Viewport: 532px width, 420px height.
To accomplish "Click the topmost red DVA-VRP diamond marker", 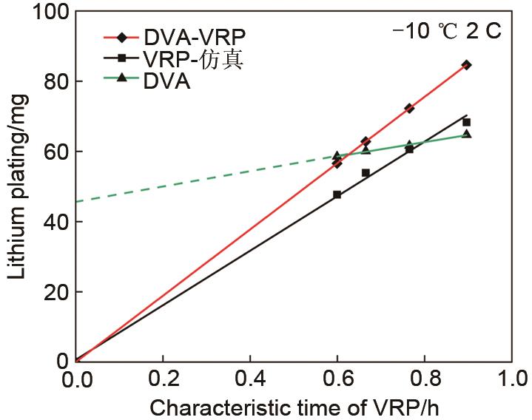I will [466, 65].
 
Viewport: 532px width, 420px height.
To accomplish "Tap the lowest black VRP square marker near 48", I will [337, 194].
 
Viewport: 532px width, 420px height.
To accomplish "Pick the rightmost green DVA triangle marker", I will [466, 134].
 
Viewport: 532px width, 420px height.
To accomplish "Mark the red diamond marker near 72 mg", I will [409, 108].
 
